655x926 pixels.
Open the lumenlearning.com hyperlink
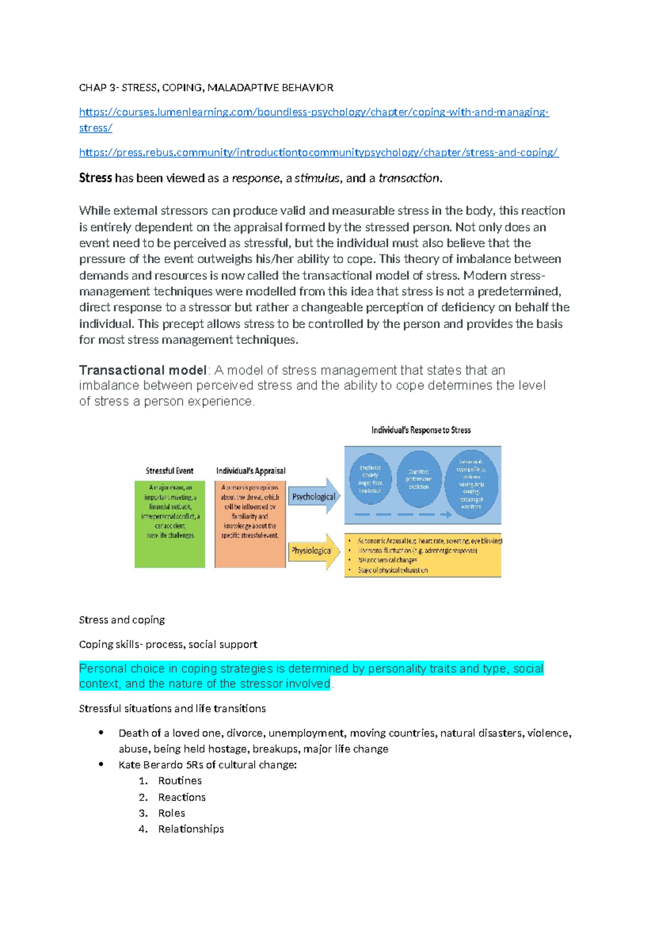point(313,112)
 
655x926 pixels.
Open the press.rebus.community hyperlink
point(318,152)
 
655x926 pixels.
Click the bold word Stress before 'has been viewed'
point(95,178)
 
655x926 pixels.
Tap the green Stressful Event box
point(170,524)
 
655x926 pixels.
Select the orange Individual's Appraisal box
point(250,524)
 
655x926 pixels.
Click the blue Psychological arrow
point(314,496)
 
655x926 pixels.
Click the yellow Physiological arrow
point(314,551)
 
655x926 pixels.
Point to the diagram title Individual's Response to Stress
point(421,430)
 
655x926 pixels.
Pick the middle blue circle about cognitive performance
point(419,479)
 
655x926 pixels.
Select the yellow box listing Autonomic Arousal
point(423,555)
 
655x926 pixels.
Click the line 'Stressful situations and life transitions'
point(172,708)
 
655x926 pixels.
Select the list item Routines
point(180,781)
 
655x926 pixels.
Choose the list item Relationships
point(191,829)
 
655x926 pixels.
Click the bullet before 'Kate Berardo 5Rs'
point(101,764)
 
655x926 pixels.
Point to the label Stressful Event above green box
point(169,471)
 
